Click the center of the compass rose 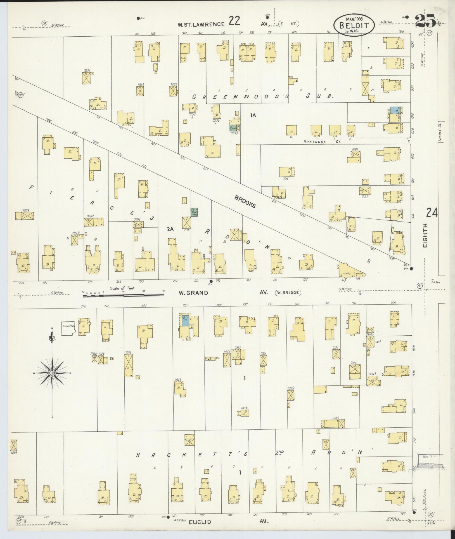point(52,373)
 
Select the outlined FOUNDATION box point(68,328)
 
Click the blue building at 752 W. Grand point(185,321)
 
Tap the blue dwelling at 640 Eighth point(394,110)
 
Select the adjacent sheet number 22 point(234,21)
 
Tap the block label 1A point(253,115)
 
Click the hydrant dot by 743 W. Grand point(211,281)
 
